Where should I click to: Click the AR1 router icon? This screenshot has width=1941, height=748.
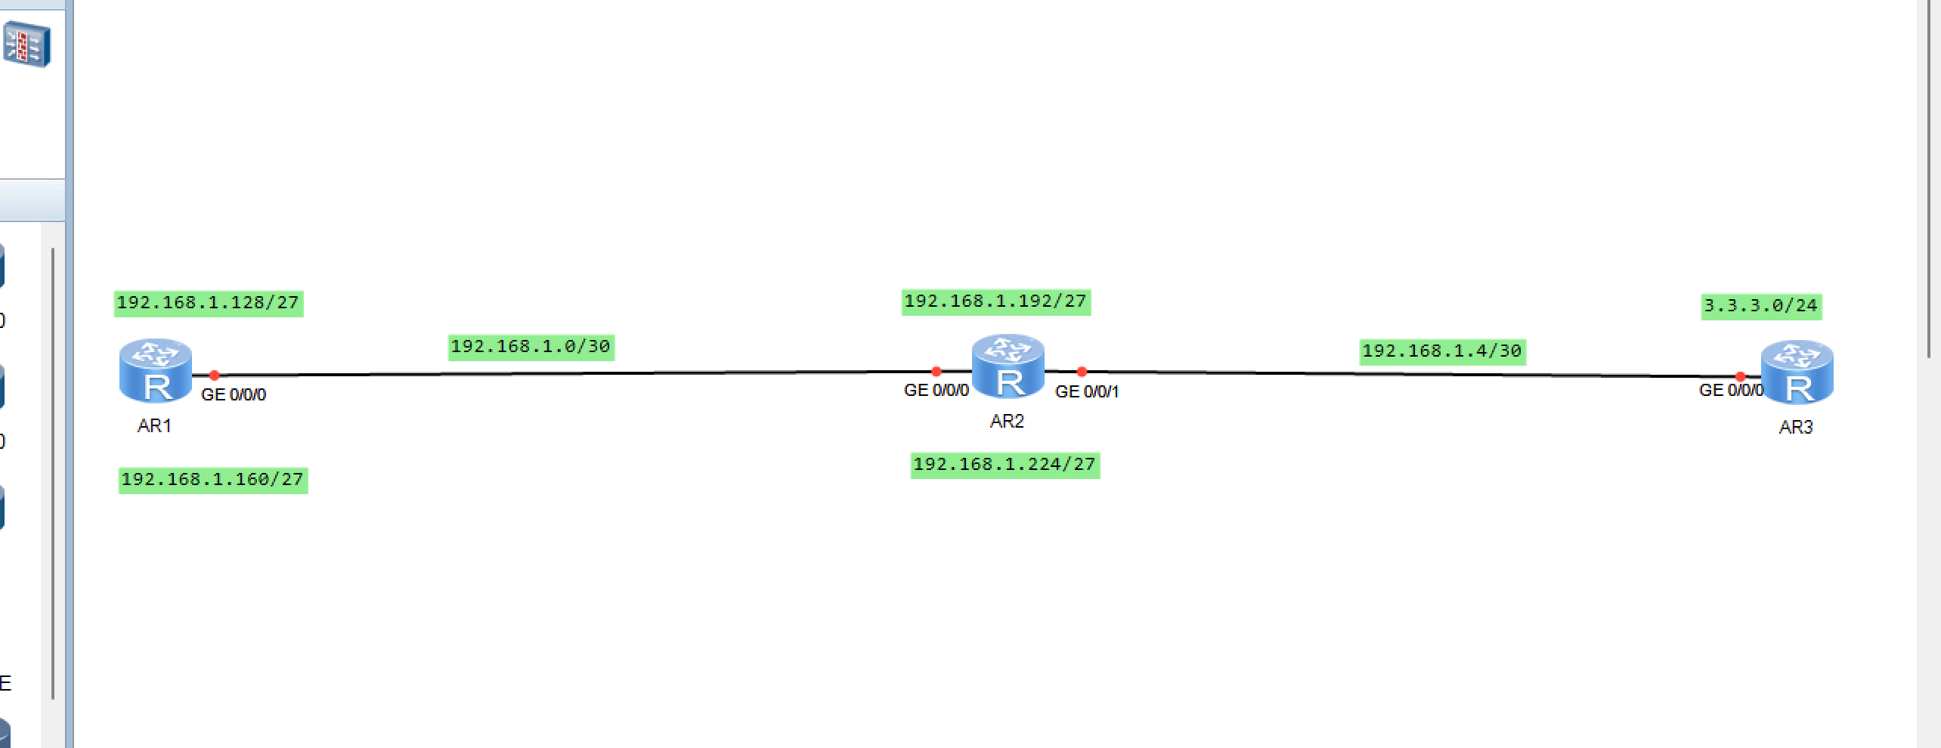pyautogui.click(x=156, y=370)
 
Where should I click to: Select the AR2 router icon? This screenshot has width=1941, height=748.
pyautogui.click(x=1008, y=366)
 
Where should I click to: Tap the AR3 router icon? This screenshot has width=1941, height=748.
pyautogui.click(x=1797, y=372)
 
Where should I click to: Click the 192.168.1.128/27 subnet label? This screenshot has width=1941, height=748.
pyautogui.click(x=209, y=303)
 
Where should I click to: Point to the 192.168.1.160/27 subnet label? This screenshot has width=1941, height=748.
pyautogui.click(x=212, y=480)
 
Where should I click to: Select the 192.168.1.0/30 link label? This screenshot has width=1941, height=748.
pyautogui.click(x=531, y=347)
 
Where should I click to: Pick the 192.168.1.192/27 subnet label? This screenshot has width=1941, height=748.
pyautogui.click(x=995, y=301)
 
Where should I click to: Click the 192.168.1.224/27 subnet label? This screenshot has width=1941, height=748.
pyautogui.click(x=1005, y=465)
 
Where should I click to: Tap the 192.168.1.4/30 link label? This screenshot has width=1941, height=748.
pyautogui.click(x=1442, y=351)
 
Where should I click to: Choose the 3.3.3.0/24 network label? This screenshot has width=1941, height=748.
pyautogui.click(x=1760, y=306)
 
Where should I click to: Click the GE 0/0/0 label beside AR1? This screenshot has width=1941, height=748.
pyautogui.click(x=234, y=395)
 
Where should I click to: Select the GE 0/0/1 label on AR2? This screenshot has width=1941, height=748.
pyautogui.click(x=1087, y=392)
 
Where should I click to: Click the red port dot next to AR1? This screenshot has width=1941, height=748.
pyautogui.click(x=214, y=375)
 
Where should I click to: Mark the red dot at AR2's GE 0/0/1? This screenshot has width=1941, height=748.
pyautogui.click(x=1082, y=372)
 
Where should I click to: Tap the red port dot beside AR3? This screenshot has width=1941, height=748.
pyautogui.click(x=1740, y=376)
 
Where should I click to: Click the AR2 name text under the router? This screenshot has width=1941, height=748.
pyautogui.click(x=1007, y=422)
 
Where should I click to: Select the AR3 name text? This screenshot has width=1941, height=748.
pyautogui.click(x=1796, y=428)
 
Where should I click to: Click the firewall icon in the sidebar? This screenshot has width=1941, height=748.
pyautogui.click(x=27, y=45)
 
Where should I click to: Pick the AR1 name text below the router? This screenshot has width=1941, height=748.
pyautogui.click(x=154, y=426)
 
